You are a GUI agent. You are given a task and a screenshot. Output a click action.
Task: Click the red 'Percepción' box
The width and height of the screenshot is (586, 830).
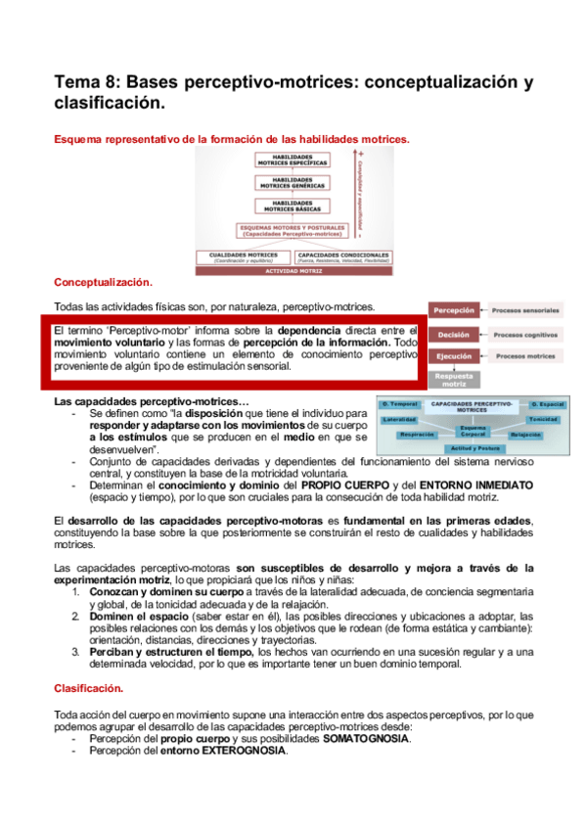pos(454,310)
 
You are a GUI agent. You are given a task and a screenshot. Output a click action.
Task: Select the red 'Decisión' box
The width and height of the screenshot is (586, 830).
pos(454,334)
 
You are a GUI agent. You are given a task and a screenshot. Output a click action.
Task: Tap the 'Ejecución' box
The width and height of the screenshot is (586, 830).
pos(454,356)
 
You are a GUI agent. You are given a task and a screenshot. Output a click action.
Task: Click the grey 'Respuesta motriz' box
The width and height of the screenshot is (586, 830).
pos(454,377)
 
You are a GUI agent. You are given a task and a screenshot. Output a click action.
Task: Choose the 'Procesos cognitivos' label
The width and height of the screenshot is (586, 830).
pos(526,334)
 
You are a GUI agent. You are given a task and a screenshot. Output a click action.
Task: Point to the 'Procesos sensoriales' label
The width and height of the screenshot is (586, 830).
pos(526,310)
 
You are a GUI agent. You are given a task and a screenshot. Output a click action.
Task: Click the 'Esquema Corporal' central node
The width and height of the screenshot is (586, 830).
pos(473,431)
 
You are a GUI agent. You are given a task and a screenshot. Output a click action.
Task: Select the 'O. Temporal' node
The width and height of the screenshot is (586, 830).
pos(400,403)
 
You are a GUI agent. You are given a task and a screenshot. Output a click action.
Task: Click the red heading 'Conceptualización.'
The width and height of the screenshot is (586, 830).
pos(103,282)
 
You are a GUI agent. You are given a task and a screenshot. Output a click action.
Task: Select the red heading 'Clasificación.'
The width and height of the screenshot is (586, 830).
pos(89,688)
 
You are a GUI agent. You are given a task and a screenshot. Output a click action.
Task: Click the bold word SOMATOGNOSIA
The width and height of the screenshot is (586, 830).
pos(369,739)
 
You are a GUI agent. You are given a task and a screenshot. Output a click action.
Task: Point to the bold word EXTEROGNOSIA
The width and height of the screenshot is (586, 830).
pos(245,752)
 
